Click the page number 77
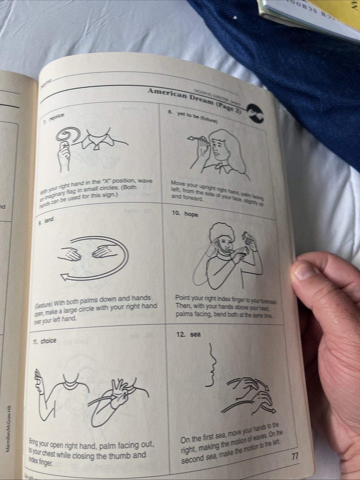[x=295, y=457]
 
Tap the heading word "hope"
[x=191, y=214]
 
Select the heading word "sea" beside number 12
[x=195, y=334]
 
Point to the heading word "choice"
[x=48, y=341]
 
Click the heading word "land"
[x=49, y=220]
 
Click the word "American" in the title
[x=167, y=92]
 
